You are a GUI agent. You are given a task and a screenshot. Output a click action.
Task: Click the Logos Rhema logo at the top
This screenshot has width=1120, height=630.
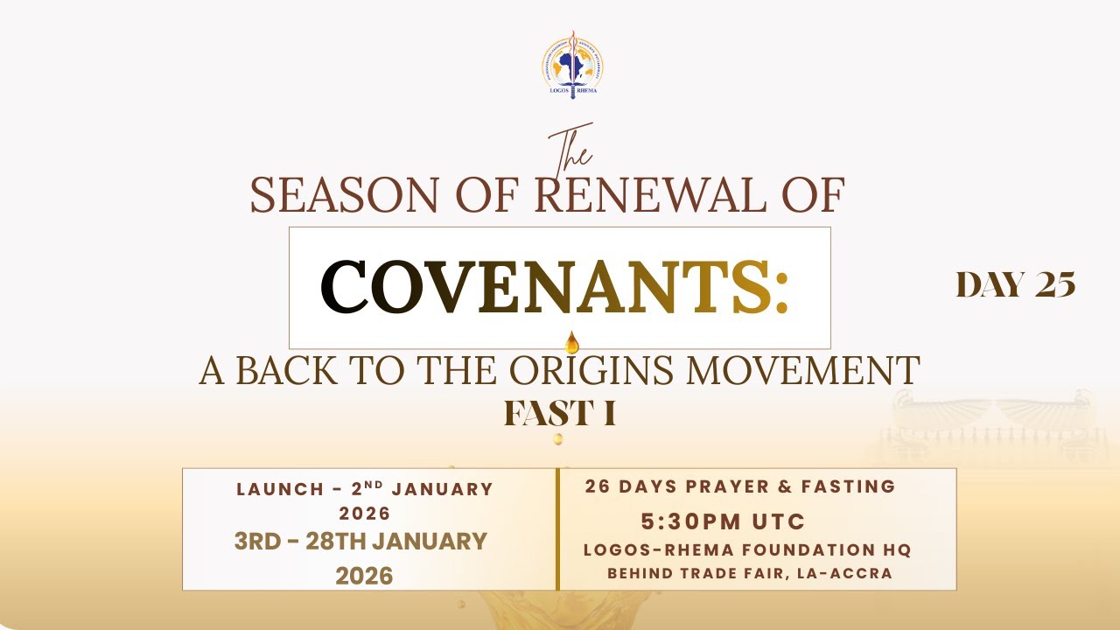(x=572, y=65)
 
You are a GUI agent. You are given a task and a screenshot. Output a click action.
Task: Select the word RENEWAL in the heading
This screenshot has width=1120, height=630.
(x=651, y=194)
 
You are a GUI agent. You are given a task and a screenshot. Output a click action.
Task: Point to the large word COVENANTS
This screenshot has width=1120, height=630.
(x=555, y=288)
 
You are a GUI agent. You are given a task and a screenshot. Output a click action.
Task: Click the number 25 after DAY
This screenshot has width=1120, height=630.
(x=1055, y=284)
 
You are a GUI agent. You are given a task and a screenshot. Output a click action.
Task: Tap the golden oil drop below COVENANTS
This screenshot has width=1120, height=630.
(x=571, y=343)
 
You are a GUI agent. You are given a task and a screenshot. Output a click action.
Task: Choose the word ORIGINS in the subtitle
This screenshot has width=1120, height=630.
(x=591, y=370)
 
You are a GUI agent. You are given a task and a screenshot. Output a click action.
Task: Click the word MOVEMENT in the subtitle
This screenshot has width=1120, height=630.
(x=802, y=370)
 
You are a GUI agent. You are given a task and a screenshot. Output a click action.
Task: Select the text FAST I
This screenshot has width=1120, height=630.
(x=559, y=413)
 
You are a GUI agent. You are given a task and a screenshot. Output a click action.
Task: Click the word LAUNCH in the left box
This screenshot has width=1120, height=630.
(x=280, y=489)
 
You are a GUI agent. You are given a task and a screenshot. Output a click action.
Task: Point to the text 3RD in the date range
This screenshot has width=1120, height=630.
(x=257, y=542)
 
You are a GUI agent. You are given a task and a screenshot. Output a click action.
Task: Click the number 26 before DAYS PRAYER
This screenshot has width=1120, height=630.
(x=598, y=486)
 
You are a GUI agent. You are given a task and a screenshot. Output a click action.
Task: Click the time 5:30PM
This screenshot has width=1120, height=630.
(x=690, y=522)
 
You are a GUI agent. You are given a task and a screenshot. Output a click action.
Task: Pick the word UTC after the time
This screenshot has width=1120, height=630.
(x=778, y=522)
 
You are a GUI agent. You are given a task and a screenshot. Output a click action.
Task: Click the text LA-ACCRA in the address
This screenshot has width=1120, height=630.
(x=844, y=573)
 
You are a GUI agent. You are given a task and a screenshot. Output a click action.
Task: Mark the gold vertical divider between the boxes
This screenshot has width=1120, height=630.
(x=557, y=529)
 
